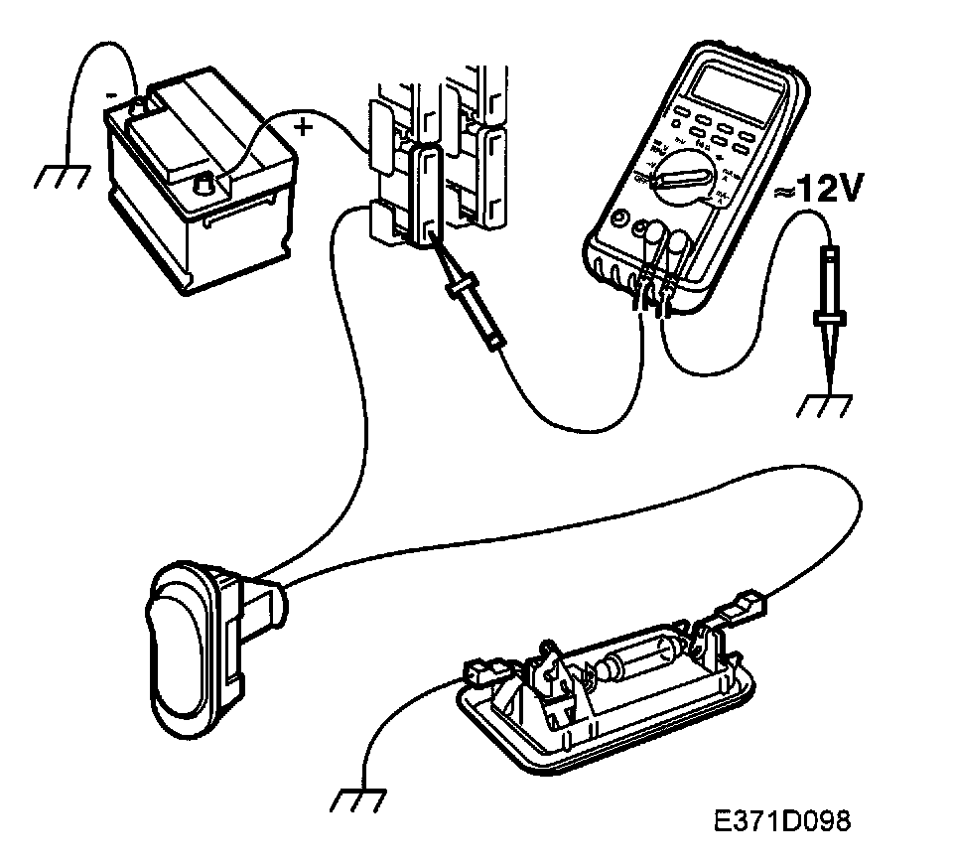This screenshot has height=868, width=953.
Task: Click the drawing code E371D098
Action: tap(781, 821)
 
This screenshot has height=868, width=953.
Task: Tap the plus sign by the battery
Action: tap(304, 127)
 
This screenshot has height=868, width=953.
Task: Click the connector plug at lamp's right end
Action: tap(747, 604)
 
